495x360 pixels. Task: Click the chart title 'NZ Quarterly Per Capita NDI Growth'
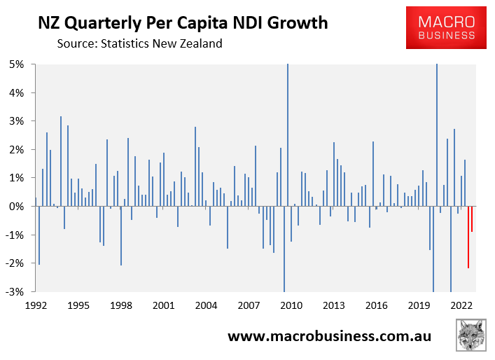pyautogui.click(x=182, y=23)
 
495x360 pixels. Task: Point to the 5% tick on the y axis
pyautogui.click(x=17, y=64)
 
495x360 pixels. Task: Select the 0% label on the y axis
pyautogui.click(x=17, y=207)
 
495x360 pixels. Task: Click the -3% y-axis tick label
pyautogui.click(x=15, y=292)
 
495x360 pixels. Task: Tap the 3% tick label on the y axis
pyautogui.click(x=17, y=121)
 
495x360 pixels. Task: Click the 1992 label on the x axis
pyautogui.click(x=36, y=305)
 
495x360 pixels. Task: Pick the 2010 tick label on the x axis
pyautogui.click(x=291, y=305)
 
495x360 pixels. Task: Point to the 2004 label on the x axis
pyautogui.click(x=206, y=305)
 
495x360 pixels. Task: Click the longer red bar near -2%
pyautogui.click(x=468, y=237)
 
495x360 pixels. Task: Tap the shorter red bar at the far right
pyautogui.click(x=472, y=219)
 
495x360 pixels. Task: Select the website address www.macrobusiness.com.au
pyautogui.click(x=329, y=336)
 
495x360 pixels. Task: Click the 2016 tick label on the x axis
pyautogui.click(x=377, y=305)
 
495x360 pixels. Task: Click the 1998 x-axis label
pyautogui.click(x=121, y=305)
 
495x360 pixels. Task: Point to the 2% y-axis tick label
pyautogui.click(x=17, y=150)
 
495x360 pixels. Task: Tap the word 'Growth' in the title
pyautogui.click(x=296, y=23)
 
